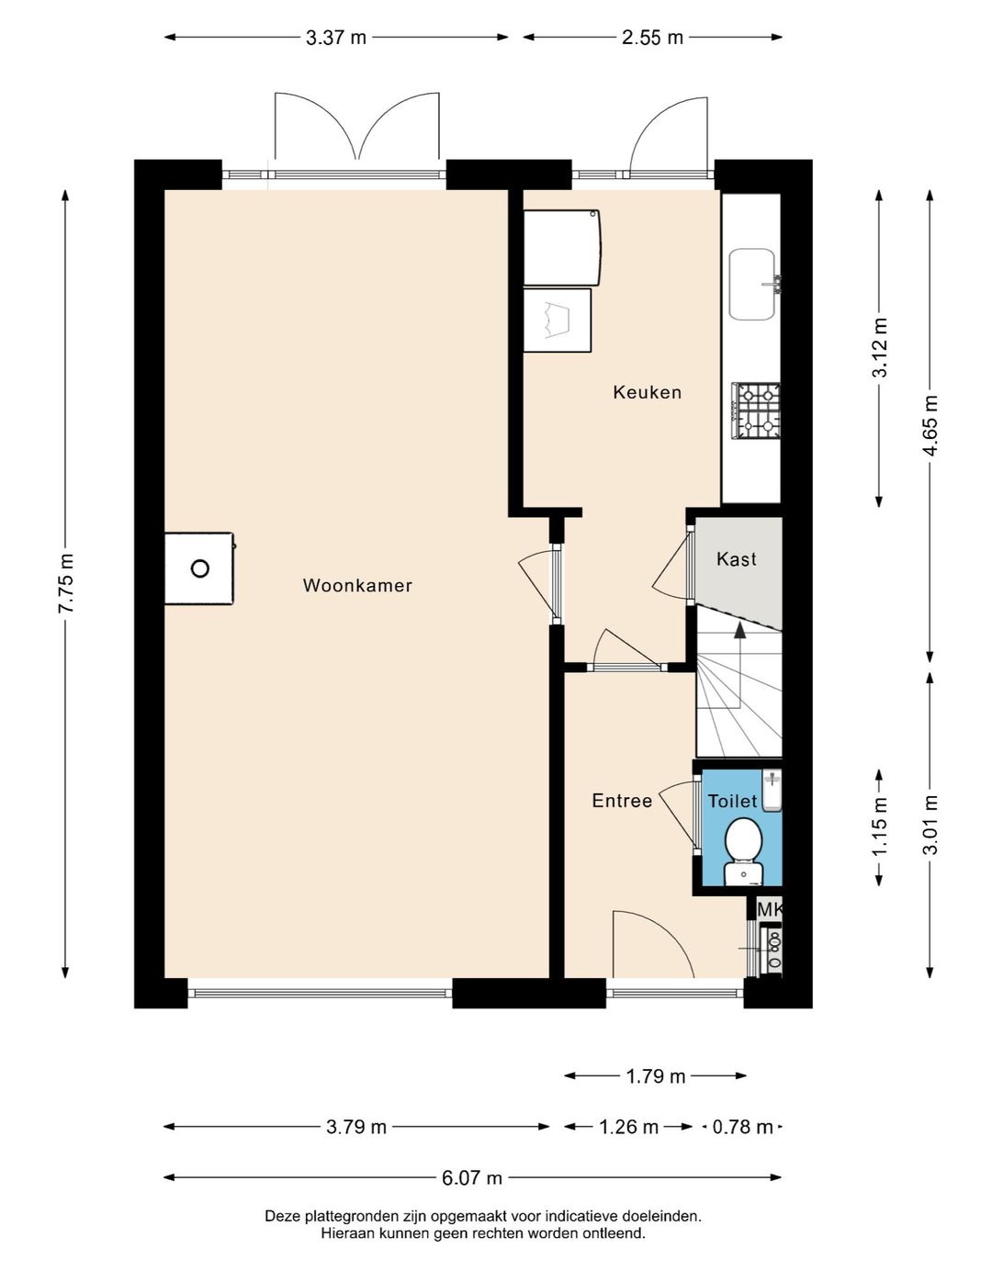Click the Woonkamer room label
pyautogui.click(x=357, y=586)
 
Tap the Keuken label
pyautogui.click(x=648, y=392)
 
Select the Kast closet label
pyautogui.click(x=737, y=558)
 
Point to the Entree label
pyautogui.click(x=622, y=801)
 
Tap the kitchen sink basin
pyautogui.click(x=752, y=285)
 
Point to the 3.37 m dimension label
pyautogui.click(x=336, y=38)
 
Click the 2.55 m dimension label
pyautogui.click(x=652, y=38)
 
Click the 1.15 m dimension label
pyautogui.click(x=879, y=827)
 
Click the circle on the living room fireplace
pyautogui.click(x=200, y=568)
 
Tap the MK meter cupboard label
pyautogui.click(x=769, y=909)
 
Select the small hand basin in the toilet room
pyautogui.click(x=772, y=790)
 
